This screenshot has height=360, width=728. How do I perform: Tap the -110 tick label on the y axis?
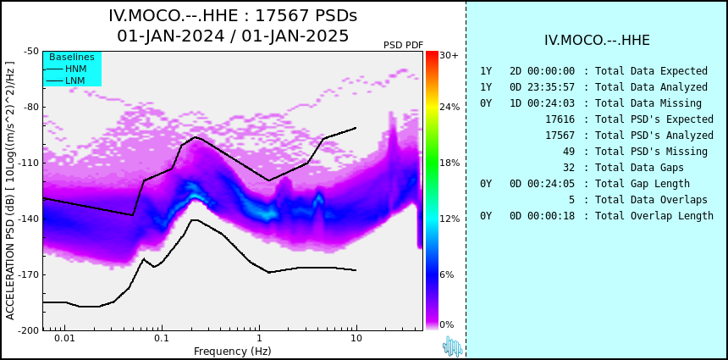[29, 163]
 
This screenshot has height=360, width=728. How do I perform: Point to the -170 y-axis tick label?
[29, 274]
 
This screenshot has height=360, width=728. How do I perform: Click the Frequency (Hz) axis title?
[232, 351]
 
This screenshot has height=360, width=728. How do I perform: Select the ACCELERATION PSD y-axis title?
[10, 191]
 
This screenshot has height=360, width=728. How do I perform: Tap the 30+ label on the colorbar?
[449, 55]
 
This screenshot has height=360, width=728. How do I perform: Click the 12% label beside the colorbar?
[449, 219]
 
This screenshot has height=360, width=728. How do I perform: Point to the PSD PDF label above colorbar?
[404, 45]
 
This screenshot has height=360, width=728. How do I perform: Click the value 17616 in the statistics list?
[560, 119]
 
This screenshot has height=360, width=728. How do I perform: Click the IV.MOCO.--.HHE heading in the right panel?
[597, 41]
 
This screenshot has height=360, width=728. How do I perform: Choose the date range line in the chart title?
[233, 36]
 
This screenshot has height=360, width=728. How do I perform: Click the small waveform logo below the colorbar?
[452, 346]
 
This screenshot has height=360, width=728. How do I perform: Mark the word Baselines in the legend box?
[72, 57]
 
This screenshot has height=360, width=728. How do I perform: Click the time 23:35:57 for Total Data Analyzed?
[551, 87]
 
